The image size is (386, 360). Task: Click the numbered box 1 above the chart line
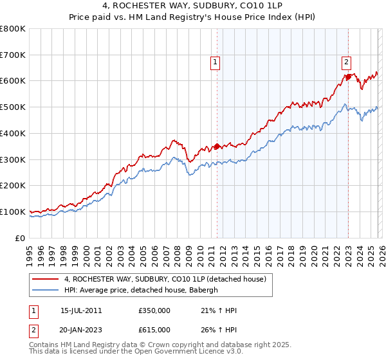tap(215, 62)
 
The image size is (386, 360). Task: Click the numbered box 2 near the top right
tap(346, 62)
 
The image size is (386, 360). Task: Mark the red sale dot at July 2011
tap(217, 146)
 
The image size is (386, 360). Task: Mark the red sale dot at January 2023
tap(348, 77)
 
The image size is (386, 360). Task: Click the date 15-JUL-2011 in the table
tap(81, 310)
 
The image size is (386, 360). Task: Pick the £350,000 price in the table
tap(154, 310)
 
